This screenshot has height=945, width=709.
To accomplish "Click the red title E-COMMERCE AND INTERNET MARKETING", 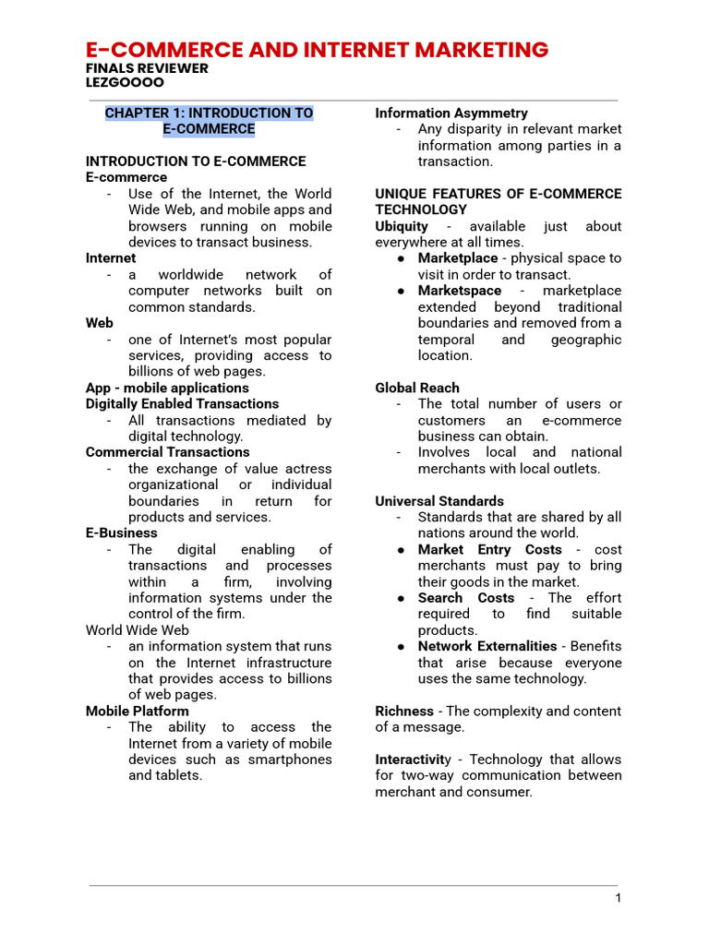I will pos(317,50).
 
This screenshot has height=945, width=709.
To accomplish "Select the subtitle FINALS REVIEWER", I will pos(147,68).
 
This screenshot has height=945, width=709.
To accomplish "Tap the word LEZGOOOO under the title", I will pos(125,82).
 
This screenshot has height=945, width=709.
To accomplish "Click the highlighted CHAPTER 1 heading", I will pos(209,121).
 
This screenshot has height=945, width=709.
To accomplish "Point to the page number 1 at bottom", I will pos(619,899).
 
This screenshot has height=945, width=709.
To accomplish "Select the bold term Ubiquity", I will pos(402,226).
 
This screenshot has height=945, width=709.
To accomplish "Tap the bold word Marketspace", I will pos(459,291).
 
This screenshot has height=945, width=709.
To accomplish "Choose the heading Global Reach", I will pos(416,388).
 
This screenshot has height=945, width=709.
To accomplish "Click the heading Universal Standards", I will pos(439,501).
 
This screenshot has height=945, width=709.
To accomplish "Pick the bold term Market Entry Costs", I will pos(489,549).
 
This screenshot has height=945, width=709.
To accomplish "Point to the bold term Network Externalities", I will pos(487,646).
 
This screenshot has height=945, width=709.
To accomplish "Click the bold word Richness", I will pos(403,711).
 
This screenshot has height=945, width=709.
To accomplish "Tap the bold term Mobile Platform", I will pos(137,711).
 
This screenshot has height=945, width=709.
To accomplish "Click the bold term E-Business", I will pos(121,532).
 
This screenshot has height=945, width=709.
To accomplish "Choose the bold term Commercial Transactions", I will pos(167,452).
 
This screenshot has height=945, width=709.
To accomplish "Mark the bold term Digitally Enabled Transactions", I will pos(182,403).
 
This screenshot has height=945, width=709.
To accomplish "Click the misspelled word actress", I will pos(308,469).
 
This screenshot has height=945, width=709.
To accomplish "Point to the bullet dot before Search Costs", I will pos(403,598).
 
